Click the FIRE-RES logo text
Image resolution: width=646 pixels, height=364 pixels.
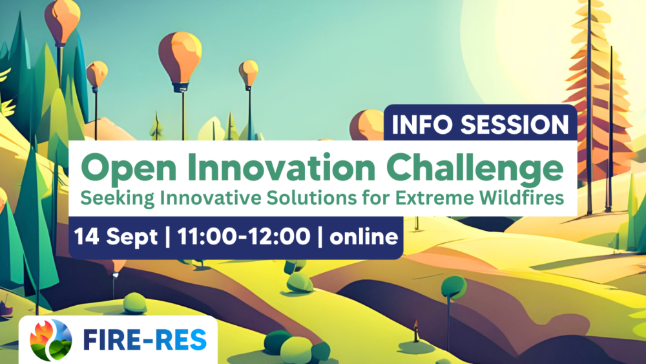click(145, 339)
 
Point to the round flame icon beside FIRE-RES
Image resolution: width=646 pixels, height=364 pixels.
click(50, 339)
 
